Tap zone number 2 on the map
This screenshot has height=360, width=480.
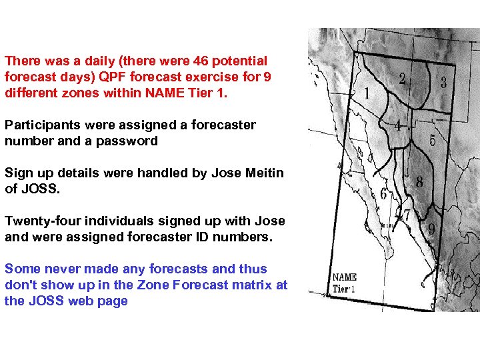(x=402, y=79)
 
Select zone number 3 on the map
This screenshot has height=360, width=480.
(x=443, y=83)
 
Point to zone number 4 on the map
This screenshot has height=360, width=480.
(x=397, y=125)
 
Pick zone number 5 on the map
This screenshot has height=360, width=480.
(x=433, y=141)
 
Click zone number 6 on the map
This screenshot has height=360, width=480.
(x=384, y=195)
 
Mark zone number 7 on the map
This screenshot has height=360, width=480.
(x=406, y=215)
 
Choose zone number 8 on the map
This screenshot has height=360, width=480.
(x=419, y=181)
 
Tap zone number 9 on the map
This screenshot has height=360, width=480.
(x=432, y=229)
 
